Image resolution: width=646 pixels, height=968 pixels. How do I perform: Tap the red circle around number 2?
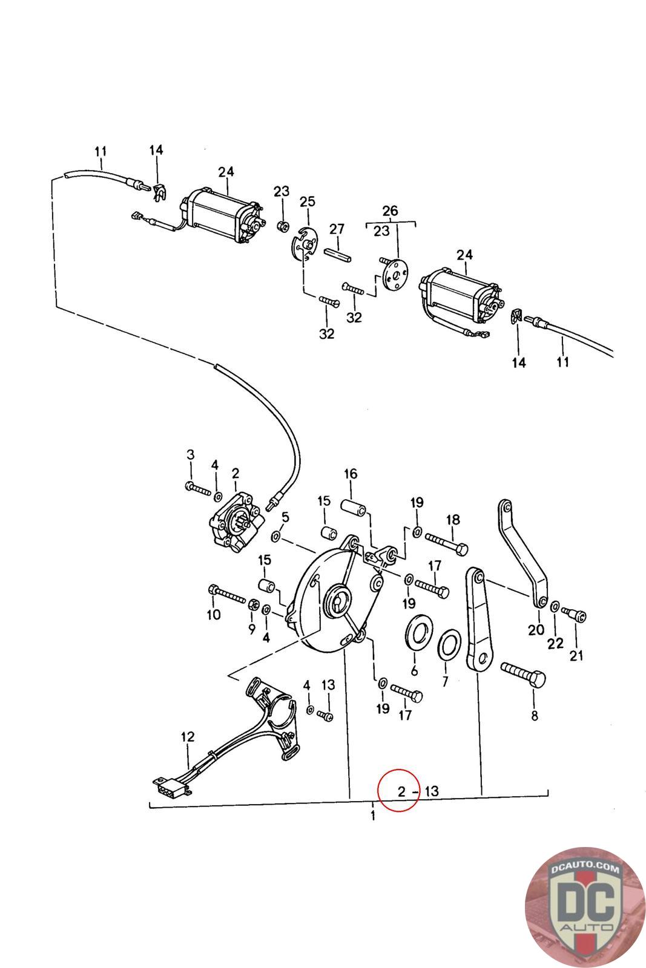click(x=398, y=790)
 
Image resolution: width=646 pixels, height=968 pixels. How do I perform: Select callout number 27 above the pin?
click(x=337, y=229)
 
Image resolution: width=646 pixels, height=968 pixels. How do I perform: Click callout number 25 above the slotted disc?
click(x=308, y=202)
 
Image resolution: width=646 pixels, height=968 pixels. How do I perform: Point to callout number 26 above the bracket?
click(x=390, y=211)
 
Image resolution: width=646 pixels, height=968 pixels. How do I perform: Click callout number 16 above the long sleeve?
click(x=351, y=474)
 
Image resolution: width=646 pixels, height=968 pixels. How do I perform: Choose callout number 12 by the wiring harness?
click(x=188, y=737)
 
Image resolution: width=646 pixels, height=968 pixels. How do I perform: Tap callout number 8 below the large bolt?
click(x=535, y=716)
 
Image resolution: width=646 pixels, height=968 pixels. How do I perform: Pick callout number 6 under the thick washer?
click(x=414, y=670)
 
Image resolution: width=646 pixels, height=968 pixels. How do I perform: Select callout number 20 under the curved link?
click(x=536, y=630)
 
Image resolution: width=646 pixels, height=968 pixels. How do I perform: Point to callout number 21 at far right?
click(x=576, y=656)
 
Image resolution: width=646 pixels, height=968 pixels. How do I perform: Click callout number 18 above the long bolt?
click(x=453, y=520)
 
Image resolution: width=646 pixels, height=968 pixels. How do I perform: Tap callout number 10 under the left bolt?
click(x=214, y=615)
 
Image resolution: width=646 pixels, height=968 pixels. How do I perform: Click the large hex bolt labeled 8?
click(x=523, y=677)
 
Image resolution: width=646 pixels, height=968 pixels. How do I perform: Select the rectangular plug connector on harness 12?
click(x=172, y=786)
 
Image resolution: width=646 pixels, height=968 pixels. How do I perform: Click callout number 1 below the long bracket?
click(x=373, y=816)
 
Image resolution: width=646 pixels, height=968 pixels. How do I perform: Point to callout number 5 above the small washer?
click(x=285, y=517)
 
